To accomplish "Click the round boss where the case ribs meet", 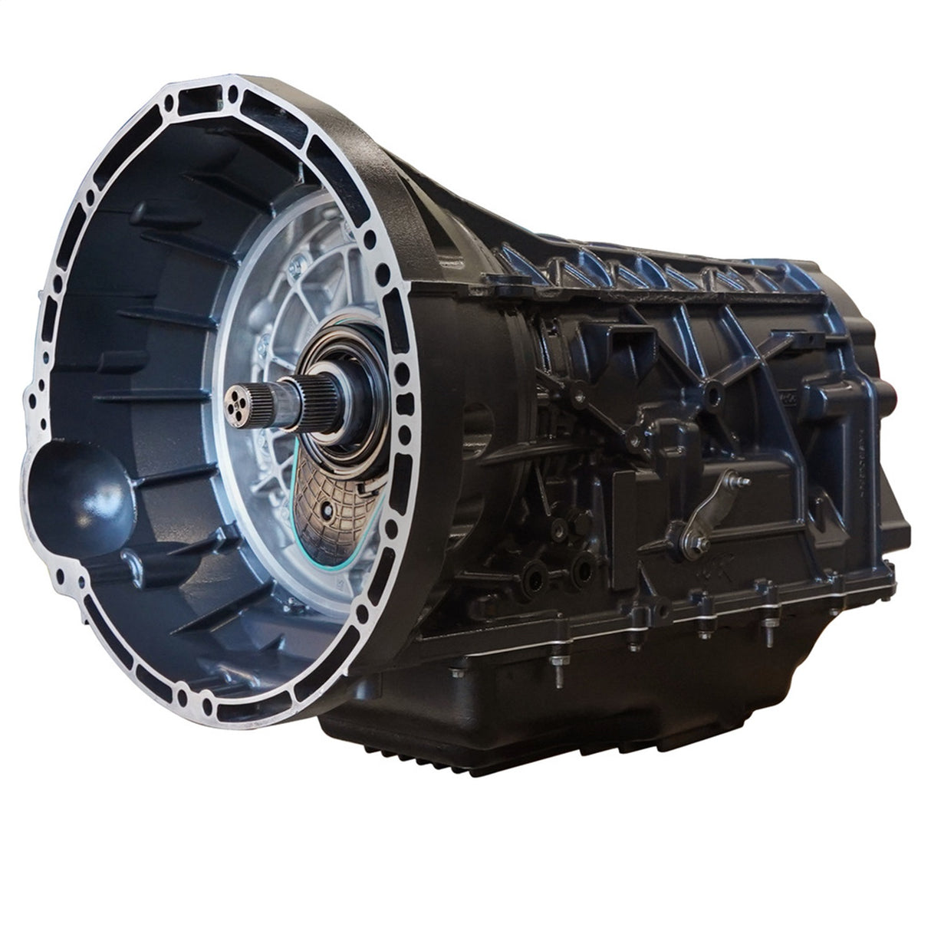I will pyautogui.click(x=715, y=393).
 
